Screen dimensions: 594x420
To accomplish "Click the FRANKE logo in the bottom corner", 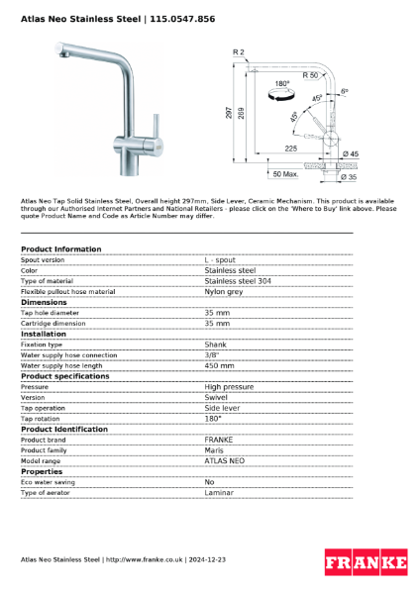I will [x=366, y=563].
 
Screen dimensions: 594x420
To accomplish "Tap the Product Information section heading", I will [x=60, y=248].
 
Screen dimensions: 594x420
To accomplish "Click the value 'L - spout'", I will [x=220, y=259].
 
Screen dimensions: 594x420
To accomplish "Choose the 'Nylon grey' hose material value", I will [x=224, y=292].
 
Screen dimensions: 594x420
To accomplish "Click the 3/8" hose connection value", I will [x=211, y=354].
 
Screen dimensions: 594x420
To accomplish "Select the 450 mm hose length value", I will [x=219, y=365].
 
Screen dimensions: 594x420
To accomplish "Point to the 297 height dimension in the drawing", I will [x=229, y=113].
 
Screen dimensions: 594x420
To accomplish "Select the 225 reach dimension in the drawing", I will [x=291, y=148].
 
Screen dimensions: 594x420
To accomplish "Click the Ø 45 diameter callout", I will [x=350, y=154].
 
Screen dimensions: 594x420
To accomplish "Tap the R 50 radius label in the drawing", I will [x=310, y=75].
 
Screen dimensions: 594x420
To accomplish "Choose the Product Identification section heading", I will [x=64, y=429].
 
